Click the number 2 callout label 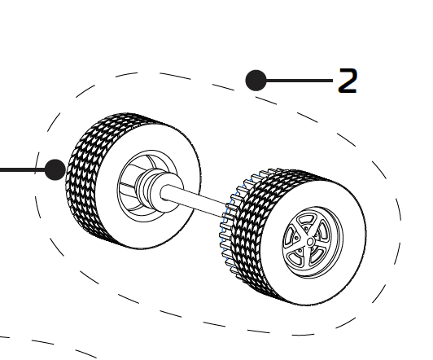click(x=348, y=81)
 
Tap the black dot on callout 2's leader click(x=256, y=81)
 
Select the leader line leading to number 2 click(x=300, y=81)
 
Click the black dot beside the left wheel click(x=55, y=169)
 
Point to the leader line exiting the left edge click(x=22, y=170)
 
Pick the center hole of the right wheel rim click(x=310, y=242)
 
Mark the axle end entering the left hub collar click(x=165, y=192)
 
